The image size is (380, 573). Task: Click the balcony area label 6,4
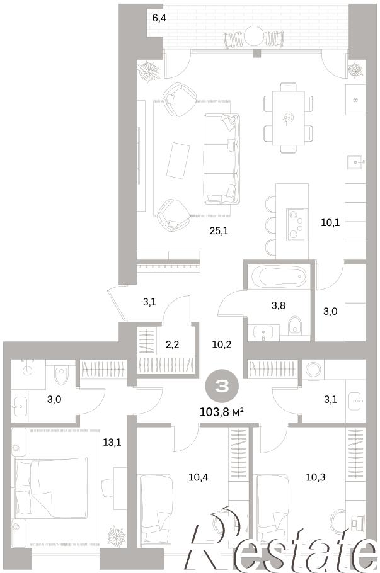coord(159,18)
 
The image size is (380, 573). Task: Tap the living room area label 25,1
coord(219,230)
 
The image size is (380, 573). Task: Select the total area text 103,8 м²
coord(222,412)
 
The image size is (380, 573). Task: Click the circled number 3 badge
coord(222,387)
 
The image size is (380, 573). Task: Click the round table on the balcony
coord(254,36)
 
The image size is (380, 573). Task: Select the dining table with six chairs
coord(289,118)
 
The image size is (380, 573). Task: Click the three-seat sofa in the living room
coord(222,159)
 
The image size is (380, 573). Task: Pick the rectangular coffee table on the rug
coord(178,161)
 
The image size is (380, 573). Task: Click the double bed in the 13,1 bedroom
coord(50,487)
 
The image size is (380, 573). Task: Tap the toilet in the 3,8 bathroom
coord(295,325)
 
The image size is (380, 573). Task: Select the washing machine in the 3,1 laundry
coord(313,369)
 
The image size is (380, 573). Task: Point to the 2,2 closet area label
coord(173,344)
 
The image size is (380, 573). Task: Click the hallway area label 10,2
coord(222,344)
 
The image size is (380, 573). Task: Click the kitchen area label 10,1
coord(330,222)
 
